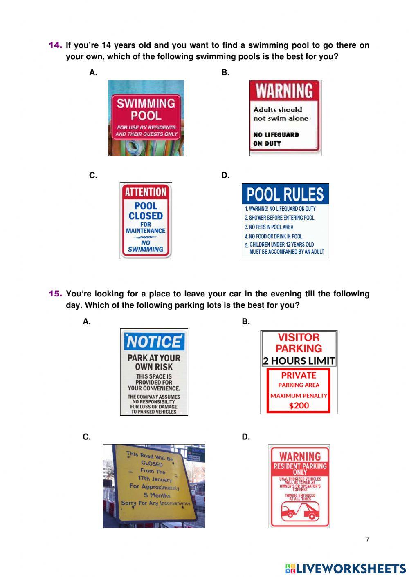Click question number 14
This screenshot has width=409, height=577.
pos(55,45)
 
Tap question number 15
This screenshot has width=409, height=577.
pos(55,294)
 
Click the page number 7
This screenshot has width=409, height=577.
pos(367,539)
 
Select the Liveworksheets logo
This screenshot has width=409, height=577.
pos(345,568)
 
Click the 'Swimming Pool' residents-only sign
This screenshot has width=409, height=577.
pos(146,118)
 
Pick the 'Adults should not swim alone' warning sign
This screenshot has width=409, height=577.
pos(285,118)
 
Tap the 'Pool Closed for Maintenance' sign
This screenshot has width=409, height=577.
pos(146,221)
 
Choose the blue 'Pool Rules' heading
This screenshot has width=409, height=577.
pos(285,194)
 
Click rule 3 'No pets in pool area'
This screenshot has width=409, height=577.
pos(269,227)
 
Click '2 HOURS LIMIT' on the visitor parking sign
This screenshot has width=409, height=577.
pos(299,361)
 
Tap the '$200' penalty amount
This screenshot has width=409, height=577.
pos(299,405)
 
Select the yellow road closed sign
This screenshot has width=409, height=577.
pos(154,486)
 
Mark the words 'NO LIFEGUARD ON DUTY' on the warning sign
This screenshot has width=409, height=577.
pos(276,139)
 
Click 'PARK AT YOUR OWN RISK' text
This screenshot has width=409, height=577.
pos(154,362)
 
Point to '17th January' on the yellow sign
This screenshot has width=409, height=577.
pos(155,479)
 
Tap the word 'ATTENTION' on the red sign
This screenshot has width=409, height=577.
pos(146,192)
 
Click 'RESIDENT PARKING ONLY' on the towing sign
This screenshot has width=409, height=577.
pos(300,469)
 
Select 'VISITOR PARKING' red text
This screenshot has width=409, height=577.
pos(299,343)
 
